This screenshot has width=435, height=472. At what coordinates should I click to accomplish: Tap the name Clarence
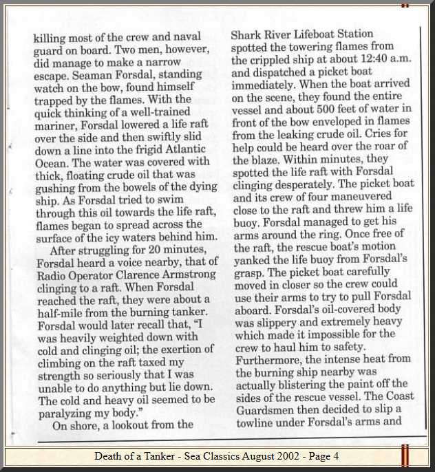pos(141,273)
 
